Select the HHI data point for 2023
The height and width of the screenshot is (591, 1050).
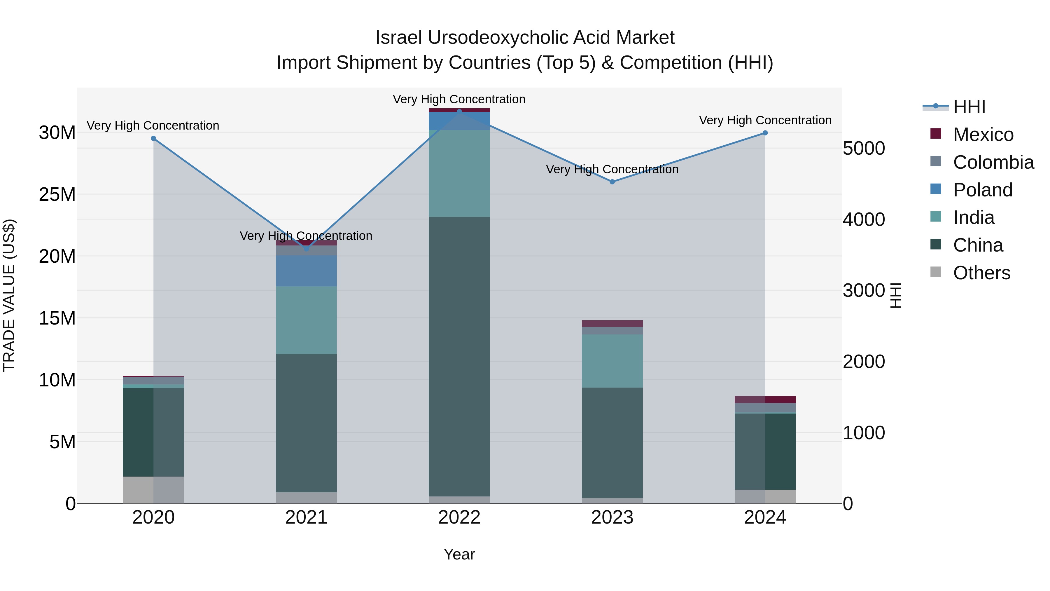(612, 182)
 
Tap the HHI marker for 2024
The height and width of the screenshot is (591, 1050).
(765, 133)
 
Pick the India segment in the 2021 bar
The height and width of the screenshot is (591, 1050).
(307, 320)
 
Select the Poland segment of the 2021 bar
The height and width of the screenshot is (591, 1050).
(307, 271)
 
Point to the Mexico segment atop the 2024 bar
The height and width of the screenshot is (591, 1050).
(765, 399)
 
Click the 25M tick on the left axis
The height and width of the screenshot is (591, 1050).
(57, 195)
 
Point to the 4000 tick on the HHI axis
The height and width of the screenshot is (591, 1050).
(863, 219)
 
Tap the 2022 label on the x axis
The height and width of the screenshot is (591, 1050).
(459, 517)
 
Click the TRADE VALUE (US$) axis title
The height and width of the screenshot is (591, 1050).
(9, 295)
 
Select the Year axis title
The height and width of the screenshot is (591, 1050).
(459, 554)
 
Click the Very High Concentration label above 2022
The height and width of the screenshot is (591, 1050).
(459, 99)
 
